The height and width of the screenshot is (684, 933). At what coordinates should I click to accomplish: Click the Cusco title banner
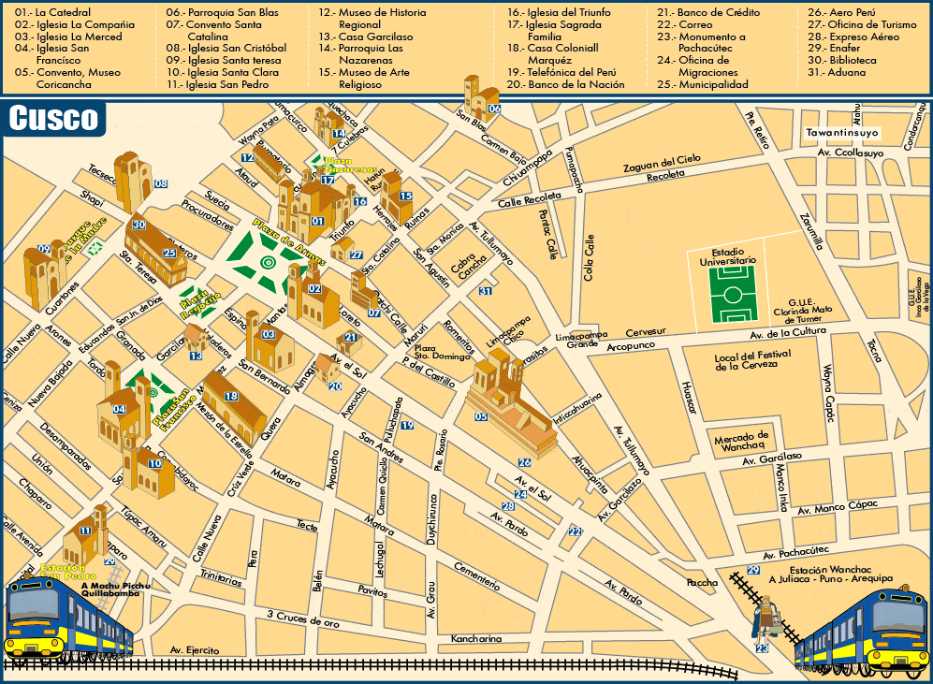point(53,118)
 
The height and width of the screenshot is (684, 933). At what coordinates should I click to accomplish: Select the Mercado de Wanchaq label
point(741,440)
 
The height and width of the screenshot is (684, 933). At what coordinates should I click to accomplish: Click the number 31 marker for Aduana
point(486,291)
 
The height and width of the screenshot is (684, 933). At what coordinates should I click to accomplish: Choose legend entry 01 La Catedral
point(52,13)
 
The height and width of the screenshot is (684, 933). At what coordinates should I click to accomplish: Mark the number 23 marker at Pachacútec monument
point(763,648)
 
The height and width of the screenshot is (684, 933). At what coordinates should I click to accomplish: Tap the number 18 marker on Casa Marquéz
point(230,397)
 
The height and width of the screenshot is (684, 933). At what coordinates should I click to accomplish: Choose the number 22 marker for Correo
point(575,532)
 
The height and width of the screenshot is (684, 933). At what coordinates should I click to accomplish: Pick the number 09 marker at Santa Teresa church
point(43,249)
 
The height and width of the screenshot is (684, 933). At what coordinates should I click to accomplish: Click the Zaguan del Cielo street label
point(663,163)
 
